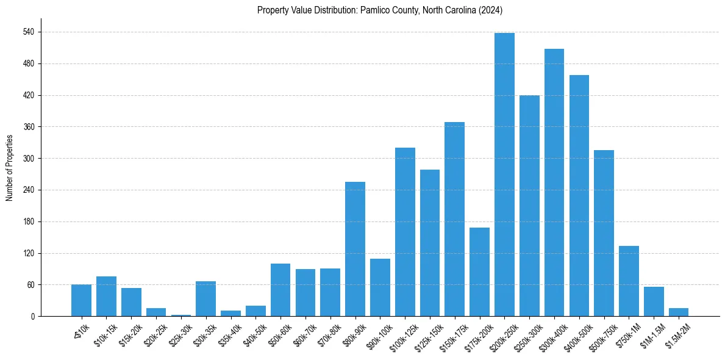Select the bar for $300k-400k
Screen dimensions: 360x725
coord(554,182)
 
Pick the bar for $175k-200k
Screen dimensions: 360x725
coord(479,272)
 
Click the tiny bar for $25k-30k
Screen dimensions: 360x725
coord(181,315)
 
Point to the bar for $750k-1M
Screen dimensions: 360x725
coord(629,281)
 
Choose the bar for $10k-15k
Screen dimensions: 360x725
coord(106,297)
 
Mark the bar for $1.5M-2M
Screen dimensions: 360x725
coord(679,312)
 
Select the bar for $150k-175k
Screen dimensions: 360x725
coord(454,219)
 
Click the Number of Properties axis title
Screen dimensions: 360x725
coord(9,168)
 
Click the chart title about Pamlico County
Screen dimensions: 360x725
coord(379,10)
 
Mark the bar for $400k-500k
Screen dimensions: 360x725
coord(579,195)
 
